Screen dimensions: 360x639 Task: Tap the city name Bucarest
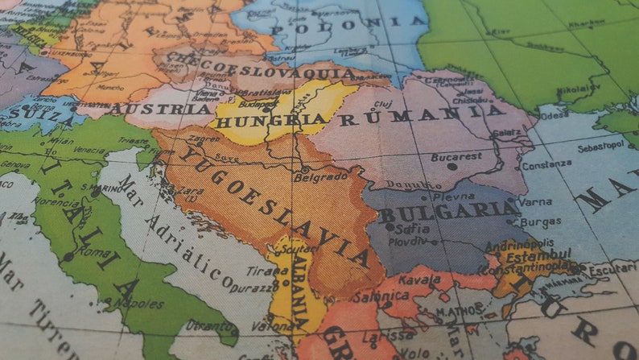(x=456, y=156)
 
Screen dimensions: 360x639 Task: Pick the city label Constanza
(x=546, y=164)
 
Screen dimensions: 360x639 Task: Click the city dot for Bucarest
(x=451, y=167)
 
